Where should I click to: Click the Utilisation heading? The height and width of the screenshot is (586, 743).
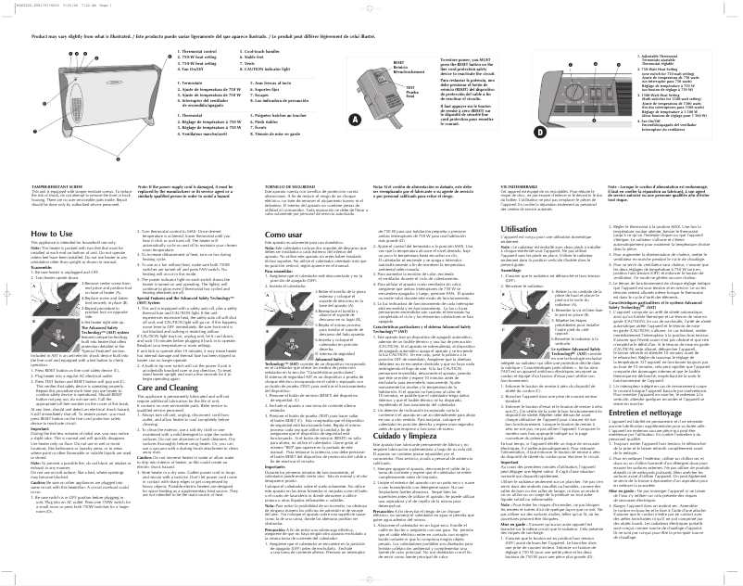(x=520, y=227)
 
